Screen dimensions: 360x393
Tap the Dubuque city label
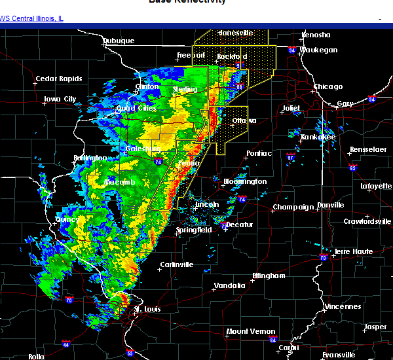tap(119, 41)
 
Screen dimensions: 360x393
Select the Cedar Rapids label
tap(59, 79)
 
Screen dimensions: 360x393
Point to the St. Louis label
tap(147, 309)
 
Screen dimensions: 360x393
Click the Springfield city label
tap(193, 230)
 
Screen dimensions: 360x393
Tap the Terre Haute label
tap(354, 251)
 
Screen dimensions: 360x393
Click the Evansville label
tap(341, 355)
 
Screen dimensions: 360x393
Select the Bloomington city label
tap(245, 181)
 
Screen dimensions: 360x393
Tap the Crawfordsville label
tap(367, 221)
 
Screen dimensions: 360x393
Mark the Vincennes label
tap(343, 306)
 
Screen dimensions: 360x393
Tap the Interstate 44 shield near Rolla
tap(67, 344)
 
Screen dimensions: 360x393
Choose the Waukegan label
tap(319, 50)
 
